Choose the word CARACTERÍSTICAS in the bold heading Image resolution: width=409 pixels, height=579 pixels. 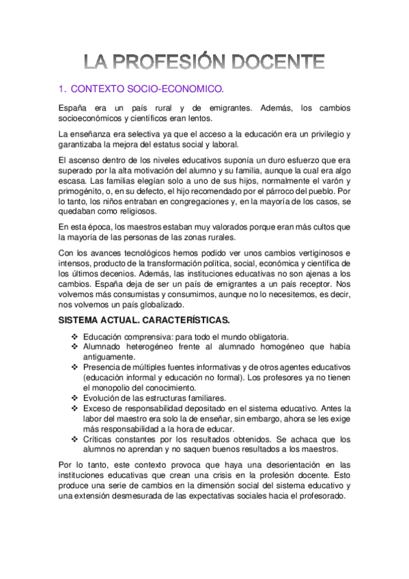click(x=198, y=321)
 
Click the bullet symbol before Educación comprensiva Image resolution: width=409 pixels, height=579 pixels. click(x=74, y=337)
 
